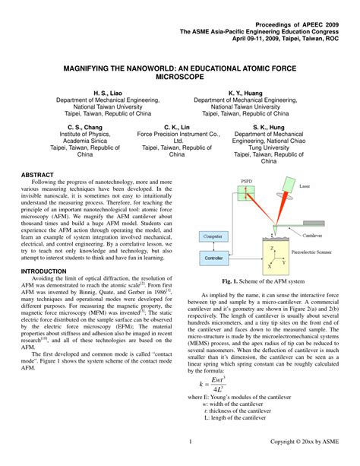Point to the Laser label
[305, 185]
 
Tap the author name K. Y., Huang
[245, 93]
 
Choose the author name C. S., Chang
[84, 127]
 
